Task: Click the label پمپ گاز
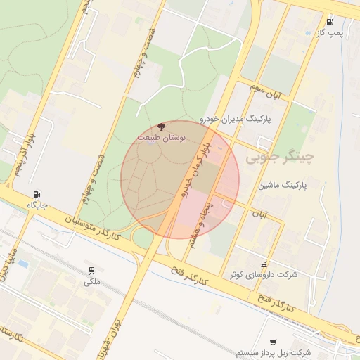click(x=337, y=34)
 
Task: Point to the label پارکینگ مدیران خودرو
click(x=244, y=120)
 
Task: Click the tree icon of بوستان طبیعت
click(x=162, y=127)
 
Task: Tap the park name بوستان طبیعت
click(x=161, y=138)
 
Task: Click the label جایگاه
click(x=37, y=205)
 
